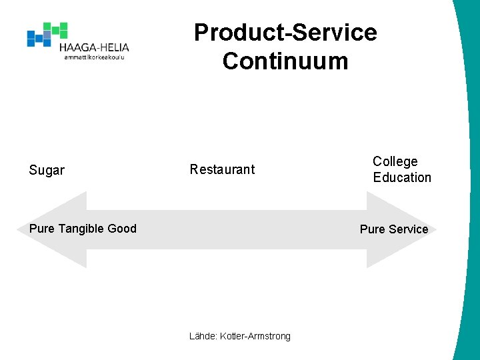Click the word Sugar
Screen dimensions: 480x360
pos(47,171)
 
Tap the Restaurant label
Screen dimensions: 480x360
pos(222,169)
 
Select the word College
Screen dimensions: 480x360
pos(395,161)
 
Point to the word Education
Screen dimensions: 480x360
pos(402,177)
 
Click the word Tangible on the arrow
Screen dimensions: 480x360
pos(81,229)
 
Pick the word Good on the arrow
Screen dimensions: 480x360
pos(122,229)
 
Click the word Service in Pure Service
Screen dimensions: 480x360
pos(408,229)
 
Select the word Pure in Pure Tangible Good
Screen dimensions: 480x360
pos(42,229)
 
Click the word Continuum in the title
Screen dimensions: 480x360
pos(285,61)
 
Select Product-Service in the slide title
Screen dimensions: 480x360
pos(285,32)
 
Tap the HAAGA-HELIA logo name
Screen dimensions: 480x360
pos(94,47)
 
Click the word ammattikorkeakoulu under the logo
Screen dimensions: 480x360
pos(94,57)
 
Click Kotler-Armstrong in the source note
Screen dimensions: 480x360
pos(255,336)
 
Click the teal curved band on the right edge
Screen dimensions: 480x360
pos(468,200)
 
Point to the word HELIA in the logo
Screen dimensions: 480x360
pos(113,47)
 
